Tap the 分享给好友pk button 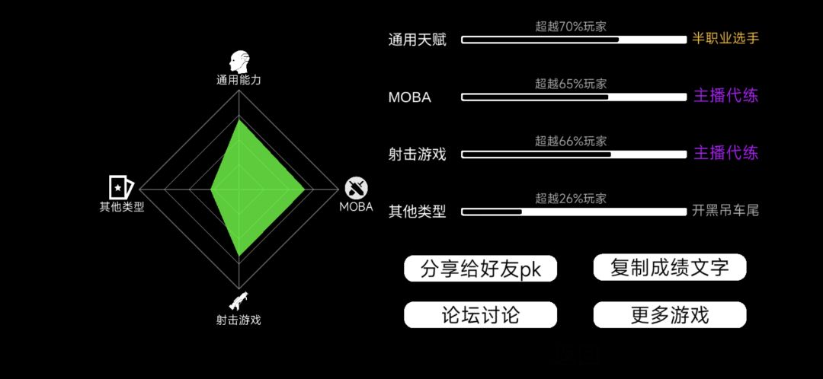[x=480, y=269]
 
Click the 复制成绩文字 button [x=670, y=267]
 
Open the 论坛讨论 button [x=480, y=314]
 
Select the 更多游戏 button [x=670, y=314]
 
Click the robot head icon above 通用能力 [x=239, y=62]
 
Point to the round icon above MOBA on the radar [x=356, y=188]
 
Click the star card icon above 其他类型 [x=121, y=186]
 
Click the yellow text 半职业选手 [x=725, y=39]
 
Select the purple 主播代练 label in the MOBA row [x=726, y=96]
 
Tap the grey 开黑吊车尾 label [x=725, y=211]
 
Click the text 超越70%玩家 [x=571, y=26]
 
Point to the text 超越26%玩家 [x=571, y=199]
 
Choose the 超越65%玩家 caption [x=571, y=84]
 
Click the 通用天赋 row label [x=418, y=40]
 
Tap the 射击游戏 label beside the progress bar [x=418, y=154]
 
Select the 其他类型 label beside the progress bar [x=418, y=212]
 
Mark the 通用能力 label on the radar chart [x=239, y=80]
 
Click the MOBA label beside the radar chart [x=356, y=206]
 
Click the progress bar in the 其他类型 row [x=574, y=212]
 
